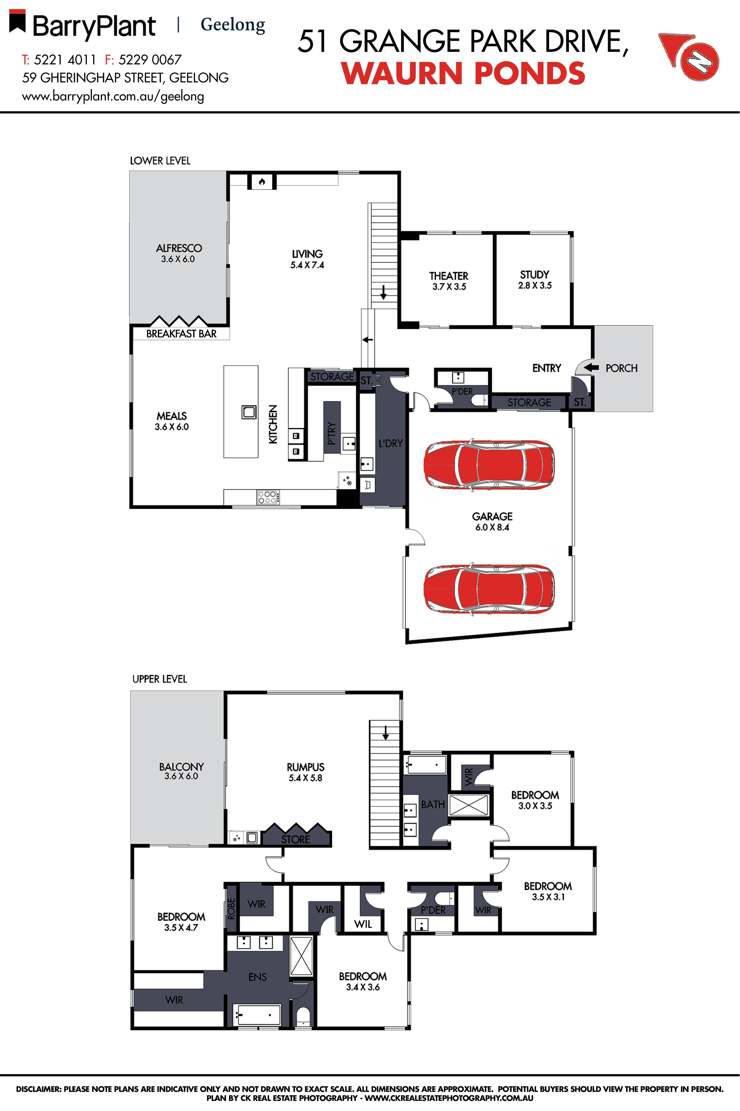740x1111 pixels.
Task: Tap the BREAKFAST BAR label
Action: click(181, 334)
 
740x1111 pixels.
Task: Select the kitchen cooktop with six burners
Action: click(268, 497)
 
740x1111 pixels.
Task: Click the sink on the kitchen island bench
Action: click(249, 412)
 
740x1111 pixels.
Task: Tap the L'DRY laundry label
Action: click(390, 443)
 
